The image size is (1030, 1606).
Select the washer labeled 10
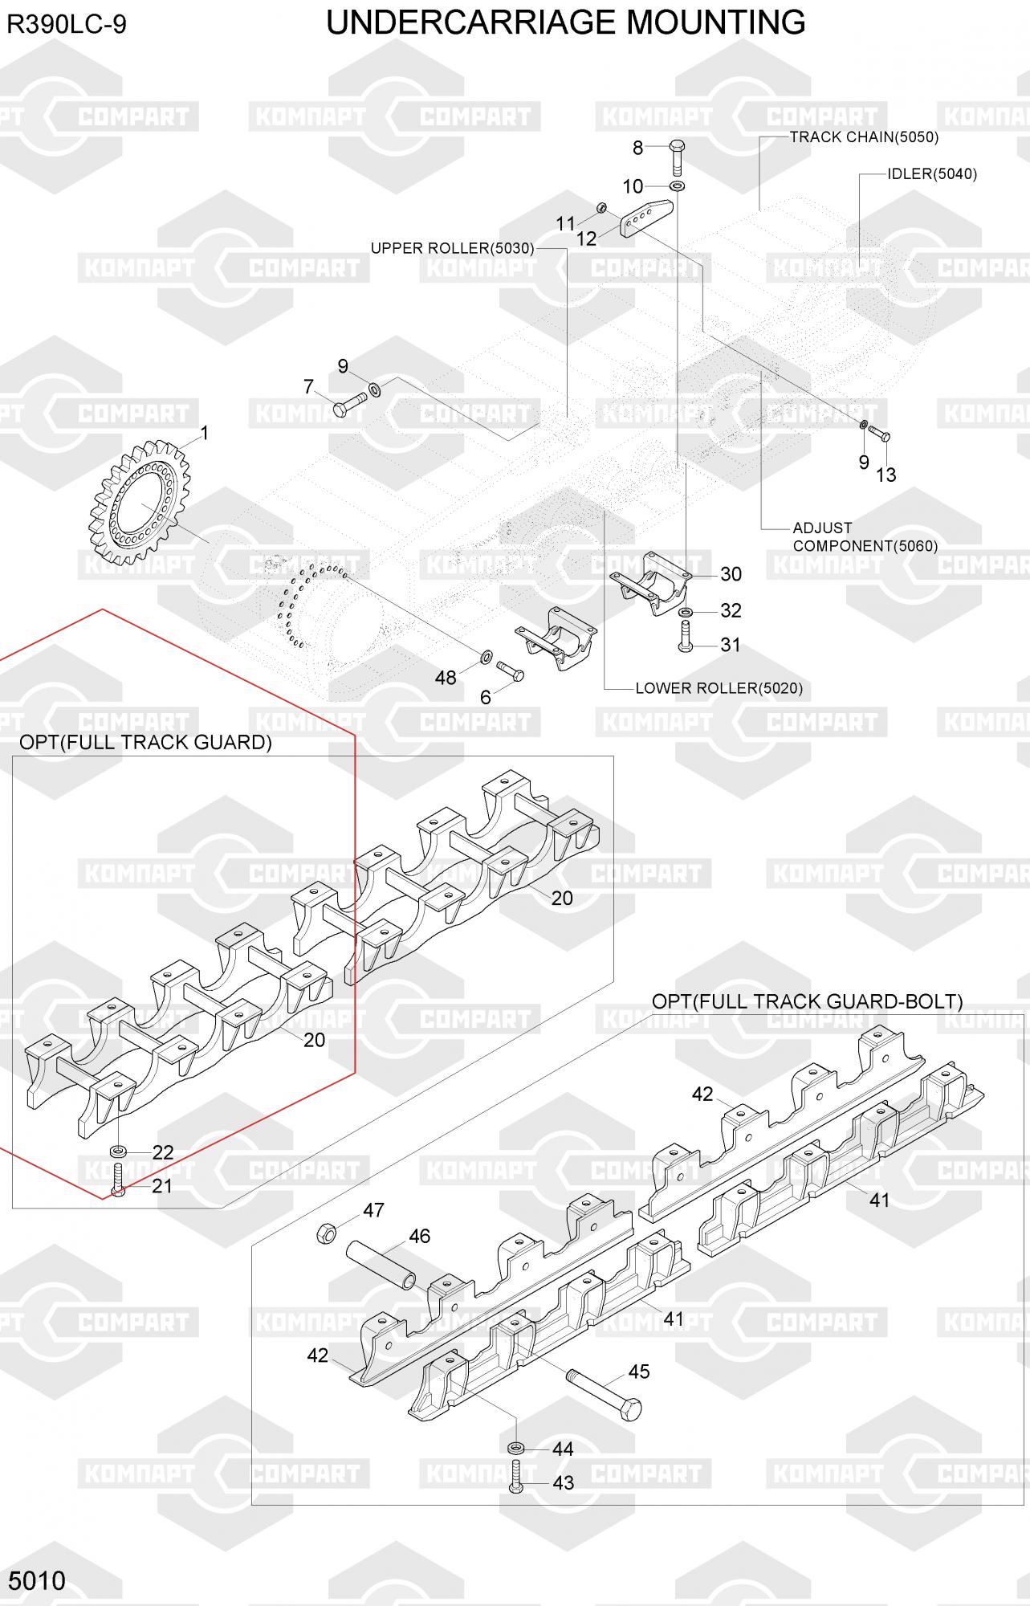point(678,186)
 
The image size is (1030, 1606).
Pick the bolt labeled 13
point(880,435)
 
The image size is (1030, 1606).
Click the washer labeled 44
point(515,1448)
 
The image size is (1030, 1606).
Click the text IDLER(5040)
point(932,174)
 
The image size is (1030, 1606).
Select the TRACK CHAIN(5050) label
point(864,137)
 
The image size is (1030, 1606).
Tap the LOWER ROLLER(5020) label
point(719,688)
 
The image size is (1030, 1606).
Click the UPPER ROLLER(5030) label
point(452,248)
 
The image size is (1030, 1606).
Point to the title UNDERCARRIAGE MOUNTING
point(566,22)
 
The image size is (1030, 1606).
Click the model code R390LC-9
point(67,26)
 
